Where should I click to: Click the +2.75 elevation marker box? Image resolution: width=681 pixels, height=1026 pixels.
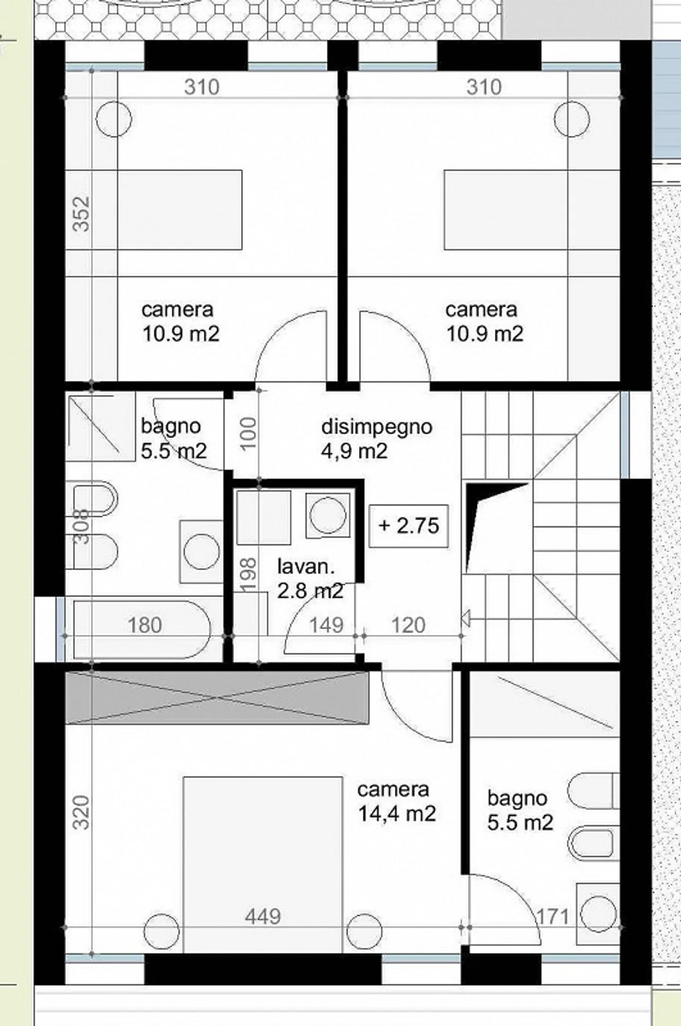coord(409,526)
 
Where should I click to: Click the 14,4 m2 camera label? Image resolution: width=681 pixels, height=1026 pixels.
coord(396,802)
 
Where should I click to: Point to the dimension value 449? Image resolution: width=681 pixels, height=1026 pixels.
coord(263,917)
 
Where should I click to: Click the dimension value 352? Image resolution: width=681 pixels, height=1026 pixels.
coord(81,214)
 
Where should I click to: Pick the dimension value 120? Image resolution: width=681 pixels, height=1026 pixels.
coord(409,625)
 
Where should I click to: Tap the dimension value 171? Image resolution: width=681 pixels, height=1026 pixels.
coord(552,917)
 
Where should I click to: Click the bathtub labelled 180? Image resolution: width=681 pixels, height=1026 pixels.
coord(142,629)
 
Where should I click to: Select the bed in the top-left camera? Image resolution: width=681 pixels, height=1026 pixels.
coord(180,210)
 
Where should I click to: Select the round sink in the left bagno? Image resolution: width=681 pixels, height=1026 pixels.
coord(201,552)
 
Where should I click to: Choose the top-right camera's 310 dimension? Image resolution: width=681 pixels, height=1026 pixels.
coord(483,87)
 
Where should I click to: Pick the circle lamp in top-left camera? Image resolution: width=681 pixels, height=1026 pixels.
coord(113,119)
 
